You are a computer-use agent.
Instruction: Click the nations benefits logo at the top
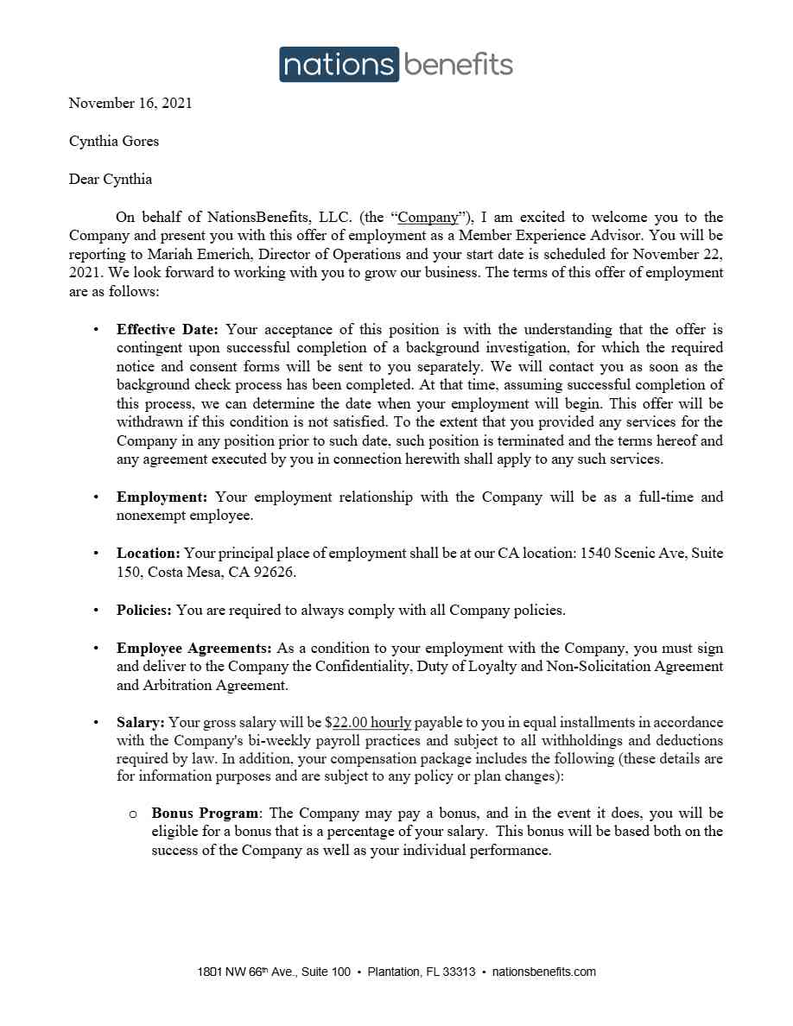pyautogui.click(x=396, y=65)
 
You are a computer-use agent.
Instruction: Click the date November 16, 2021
pyautogui.click(x=130, y=104)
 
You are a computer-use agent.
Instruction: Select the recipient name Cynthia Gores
pyautogui.click(x=114, y=142)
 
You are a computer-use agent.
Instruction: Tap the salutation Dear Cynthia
pyautogui.click(x=111, y=180)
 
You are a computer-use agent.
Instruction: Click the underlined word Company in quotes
pyautogui.click(x=428, y=218)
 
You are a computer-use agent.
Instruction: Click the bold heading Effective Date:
pyautogui.click(x=168, y=330)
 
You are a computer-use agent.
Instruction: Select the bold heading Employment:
pyautogui.click(x=162, y=497)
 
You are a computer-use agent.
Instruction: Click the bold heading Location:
pyautogui.click(x=149, y=554)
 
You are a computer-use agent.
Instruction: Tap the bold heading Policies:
pyautogui.click(x=144, y=611)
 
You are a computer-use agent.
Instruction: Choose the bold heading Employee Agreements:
pyautogui.click(x=194, y=649)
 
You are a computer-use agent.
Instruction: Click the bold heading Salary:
pyautogui.click(x=141, y=723)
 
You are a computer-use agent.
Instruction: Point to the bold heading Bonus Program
pyautogui.click(x=205, y=814)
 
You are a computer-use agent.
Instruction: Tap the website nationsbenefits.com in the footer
pyautogui.click(x=543, y=972)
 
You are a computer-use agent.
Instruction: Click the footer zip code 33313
pyautogui.click(x=459, y=972)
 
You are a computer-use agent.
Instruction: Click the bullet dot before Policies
pyautogui.click(x=96, y=611)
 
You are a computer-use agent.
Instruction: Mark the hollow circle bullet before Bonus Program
pyautogui.click(x=133, y=814)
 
